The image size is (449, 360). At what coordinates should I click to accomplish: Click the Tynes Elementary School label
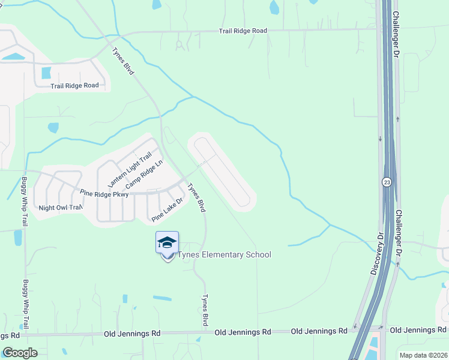tap(223, 255)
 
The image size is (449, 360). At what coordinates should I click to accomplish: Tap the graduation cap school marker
tap(167, 242)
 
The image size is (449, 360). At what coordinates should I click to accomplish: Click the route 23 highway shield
tap(388, 181)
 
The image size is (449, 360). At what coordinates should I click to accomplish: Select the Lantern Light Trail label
tap(129, 170)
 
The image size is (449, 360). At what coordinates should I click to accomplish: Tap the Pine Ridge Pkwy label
tap(104, 194)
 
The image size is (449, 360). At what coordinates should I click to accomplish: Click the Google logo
tap(20, 352)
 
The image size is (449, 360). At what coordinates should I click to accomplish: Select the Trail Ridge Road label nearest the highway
tap(243, 31)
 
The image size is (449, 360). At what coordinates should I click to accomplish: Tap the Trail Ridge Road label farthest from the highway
tap(74, 85)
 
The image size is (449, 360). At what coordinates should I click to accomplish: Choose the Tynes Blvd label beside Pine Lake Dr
tap(197, 197)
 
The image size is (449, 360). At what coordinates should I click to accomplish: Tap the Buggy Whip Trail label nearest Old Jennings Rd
tap(25, 304)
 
